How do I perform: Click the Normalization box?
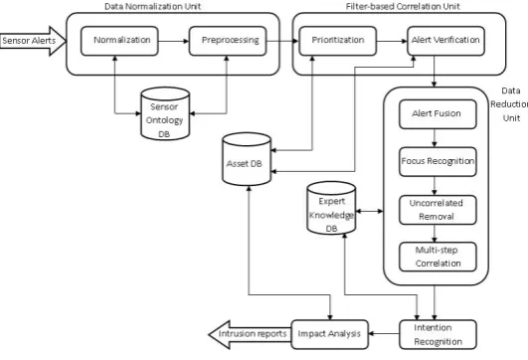tap(119, 41)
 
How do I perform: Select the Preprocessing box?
tap(228, 41)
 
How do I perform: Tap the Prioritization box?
tap(338, 41)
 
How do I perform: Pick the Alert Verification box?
tap(445, 41)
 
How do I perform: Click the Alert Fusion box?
tap(438, 114)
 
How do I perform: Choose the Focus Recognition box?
tap(438, 162)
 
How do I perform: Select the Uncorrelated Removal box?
tap(438, 210)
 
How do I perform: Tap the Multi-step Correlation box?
tap(438, 257)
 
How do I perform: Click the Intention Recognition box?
tap(438, 334)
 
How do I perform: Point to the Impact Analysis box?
tap(330, 334)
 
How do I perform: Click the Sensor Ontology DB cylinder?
tap(165, 113)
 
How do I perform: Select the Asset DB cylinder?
tap(247, 159)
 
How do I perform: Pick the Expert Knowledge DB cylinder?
tap(331, 208)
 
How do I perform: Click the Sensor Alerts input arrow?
tap(33, 41)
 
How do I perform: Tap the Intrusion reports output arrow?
tap(250, 334)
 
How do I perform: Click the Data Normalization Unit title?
tap(152, 6)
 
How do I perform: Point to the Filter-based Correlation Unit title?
tap(403, 6)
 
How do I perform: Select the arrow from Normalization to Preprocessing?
tap(174, 41)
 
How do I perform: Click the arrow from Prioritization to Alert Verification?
tap(392, 41)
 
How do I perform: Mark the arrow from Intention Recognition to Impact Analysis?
tap(384, 334)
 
